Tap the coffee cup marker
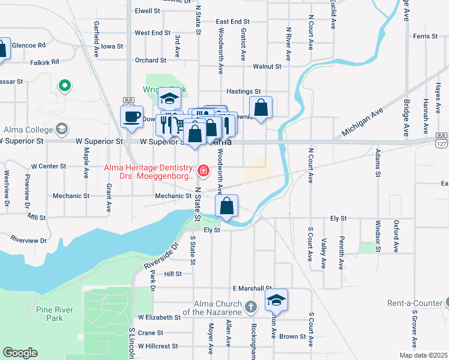click(131, 116)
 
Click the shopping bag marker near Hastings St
click(261, 109)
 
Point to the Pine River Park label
click(50, 314)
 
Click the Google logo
click(20, 353)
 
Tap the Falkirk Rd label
click(46, 62)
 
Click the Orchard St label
click(150, 61)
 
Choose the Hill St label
click(173, 274)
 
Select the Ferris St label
click(425, 37)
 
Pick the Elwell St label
click(148, 11)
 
